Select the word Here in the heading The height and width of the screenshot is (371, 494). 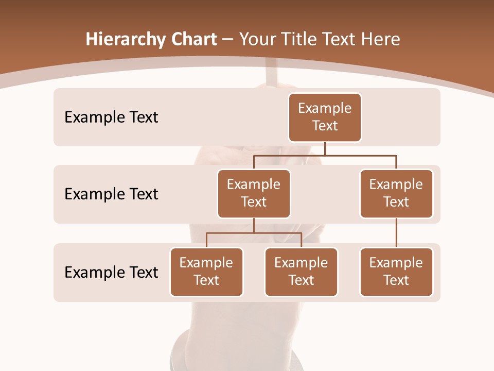[x=381, y=39]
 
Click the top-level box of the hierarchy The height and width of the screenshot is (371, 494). [x=325, y=117]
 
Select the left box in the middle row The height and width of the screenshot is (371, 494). [x=254, y=193]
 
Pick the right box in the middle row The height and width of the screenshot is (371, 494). [x=396, y=193]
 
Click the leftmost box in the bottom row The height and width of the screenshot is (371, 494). [x=206, y=272]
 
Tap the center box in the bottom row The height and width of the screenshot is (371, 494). [x=301, y=272]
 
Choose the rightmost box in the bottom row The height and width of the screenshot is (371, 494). [x=396, y=272]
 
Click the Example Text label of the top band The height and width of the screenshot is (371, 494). [x=111, y=117]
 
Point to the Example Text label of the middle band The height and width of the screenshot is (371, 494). [x=111, y=194]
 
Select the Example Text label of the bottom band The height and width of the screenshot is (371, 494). [x=111, y=272]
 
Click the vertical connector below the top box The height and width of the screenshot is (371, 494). [x=325, y=148]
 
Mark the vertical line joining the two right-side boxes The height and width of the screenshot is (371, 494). [x=396, y=233]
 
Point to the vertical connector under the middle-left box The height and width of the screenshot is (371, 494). [x=254, y=225]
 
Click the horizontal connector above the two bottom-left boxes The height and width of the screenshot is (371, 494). [x=254, y=233]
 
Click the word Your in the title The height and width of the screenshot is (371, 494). [x=256, y=39]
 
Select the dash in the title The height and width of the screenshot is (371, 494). [x=228, y=40]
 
